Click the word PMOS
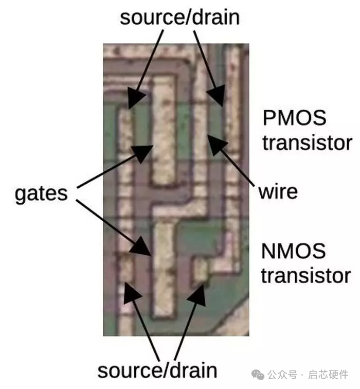tap(294, 118)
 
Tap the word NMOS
tap(294, 251)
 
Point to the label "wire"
tap(278, 191)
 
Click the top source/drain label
tap(179, 17)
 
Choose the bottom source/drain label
tap(157, 370)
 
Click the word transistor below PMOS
tap(307, 143)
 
